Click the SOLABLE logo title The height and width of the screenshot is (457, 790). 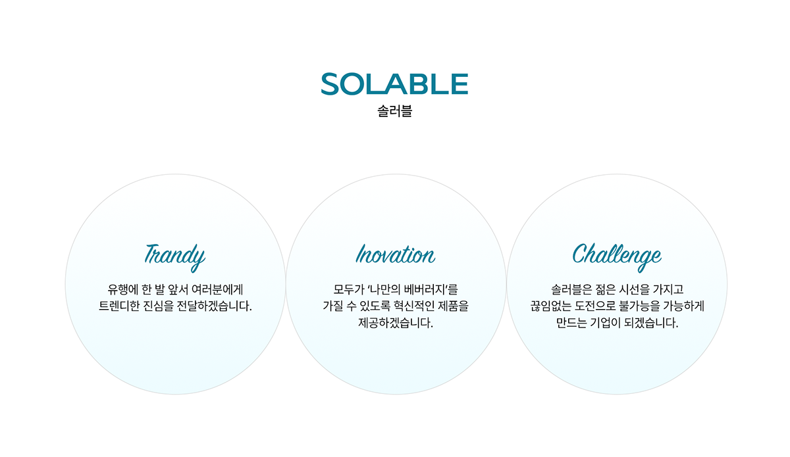[x=394, y=84]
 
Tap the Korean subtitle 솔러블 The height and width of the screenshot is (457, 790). [x=394, y=111]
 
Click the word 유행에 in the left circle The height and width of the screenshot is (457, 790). [x=122, y=289]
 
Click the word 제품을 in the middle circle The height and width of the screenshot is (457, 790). [x=453, y=306]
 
